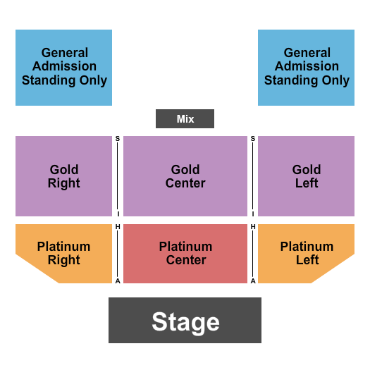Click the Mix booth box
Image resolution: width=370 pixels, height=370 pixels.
[x=185, y=118]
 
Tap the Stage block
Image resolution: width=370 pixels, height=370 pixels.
[x=185, y=320]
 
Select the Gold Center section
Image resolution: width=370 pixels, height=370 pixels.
[x=185, y=176]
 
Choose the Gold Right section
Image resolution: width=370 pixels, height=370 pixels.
[x=63, y=176]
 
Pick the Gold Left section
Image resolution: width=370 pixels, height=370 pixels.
[x=306, y=176]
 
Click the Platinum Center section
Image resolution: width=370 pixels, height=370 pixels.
[x=185, y=254]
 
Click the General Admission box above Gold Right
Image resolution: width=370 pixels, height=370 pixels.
[x=63, y=68]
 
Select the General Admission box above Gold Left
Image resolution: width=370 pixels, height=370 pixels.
[x=306, y=68]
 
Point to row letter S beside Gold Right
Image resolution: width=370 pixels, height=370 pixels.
[x=118, y=139]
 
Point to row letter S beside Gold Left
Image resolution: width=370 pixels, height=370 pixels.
[x=253, y=139]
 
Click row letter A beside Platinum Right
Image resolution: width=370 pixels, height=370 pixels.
[x=118, y=281]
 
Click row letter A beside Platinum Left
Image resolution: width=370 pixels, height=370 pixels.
[x=253, y=281]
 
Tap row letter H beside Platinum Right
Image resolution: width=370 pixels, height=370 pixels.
[x=118, y=227]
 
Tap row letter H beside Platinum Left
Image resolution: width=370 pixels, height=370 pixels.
[x=253, y=227]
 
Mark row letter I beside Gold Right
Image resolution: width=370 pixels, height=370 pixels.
[x=118, y=214]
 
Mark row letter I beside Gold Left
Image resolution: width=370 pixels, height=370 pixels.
[x=253, y=214]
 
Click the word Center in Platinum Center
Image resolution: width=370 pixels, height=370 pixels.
[x=186, y=260]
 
